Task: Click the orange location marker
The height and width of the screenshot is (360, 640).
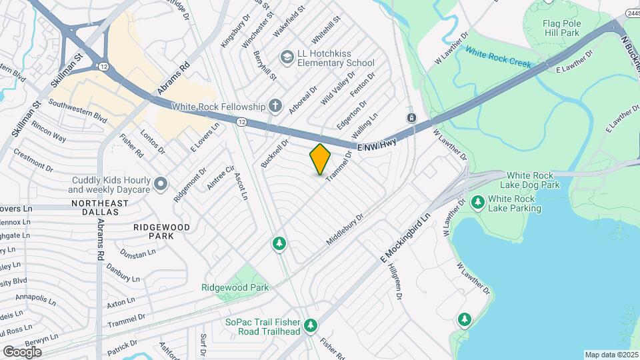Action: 321,159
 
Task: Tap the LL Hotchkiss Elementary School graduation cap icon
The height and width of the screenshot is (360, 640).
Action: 287,57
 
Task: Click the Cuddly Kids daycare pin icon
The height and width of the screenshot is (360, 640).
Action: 160,183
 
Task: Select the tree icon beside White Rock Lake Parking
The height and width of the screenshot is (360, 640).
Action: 477,201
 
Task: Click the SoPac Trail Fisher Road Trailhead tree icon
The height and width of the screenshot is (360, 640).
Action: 310,325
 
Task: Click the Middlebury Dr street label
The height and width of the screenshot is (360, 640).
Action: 346,229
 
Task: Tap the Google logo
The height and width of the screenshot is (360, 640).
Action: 22,351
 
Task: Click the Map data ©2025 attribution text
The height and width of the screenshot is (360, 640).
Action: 611,355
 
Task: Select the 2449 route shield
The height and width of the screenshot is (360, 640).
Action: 632,13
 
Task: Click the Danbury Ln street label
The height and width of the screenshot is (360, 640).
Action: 121,273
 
